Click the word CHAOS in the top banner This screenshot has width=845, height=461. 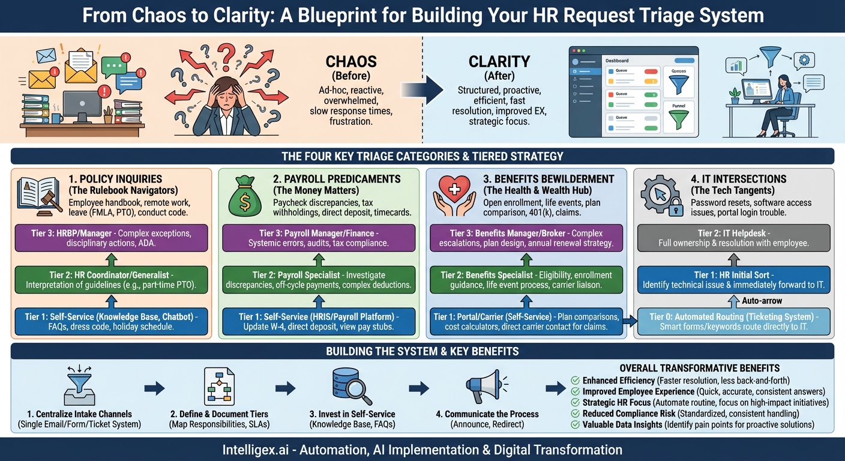pyautogui.click(x=351, y=61)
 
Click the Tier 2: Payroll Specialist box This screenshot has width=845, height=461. pyautogui.click(x=318, y=279)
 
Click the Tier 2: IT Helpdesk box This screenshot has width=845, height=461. pyautogui.click(x=734, y=238)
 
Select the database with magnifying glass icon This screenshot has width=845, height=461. pyautogui.click(x=351, y=387)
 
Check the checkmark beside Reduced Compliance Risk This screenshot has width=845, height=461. pyautogui.click(x=575, y=414)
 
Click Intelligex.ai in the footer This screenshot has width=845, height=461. pyautogui.click(x=259, y=449)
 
